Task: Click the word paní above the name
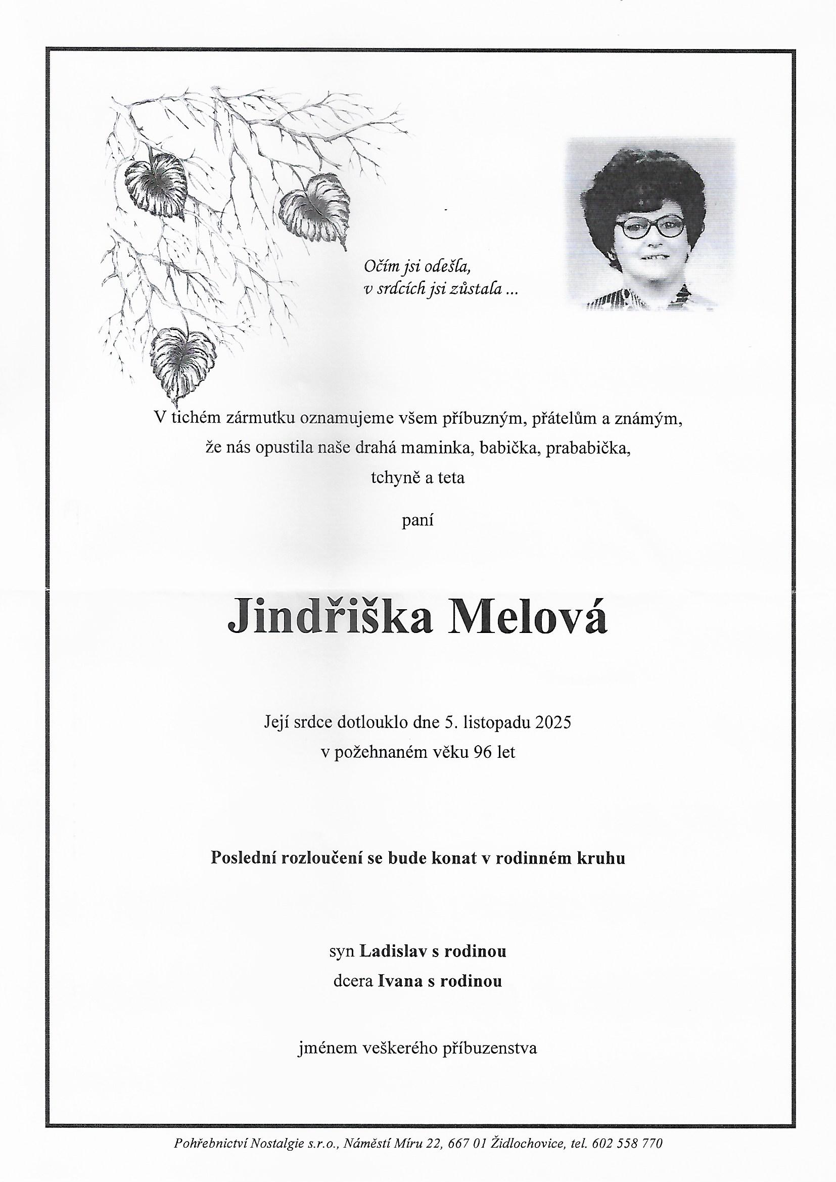tap(417, 520)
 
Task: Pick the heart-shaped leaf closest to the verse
tap(314, 208)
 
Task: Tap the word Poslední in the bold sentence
tap(245, 858)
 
